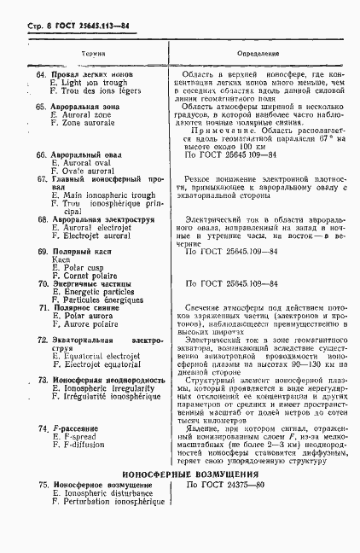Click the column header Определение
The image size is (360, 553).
(x=256, y=53)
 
